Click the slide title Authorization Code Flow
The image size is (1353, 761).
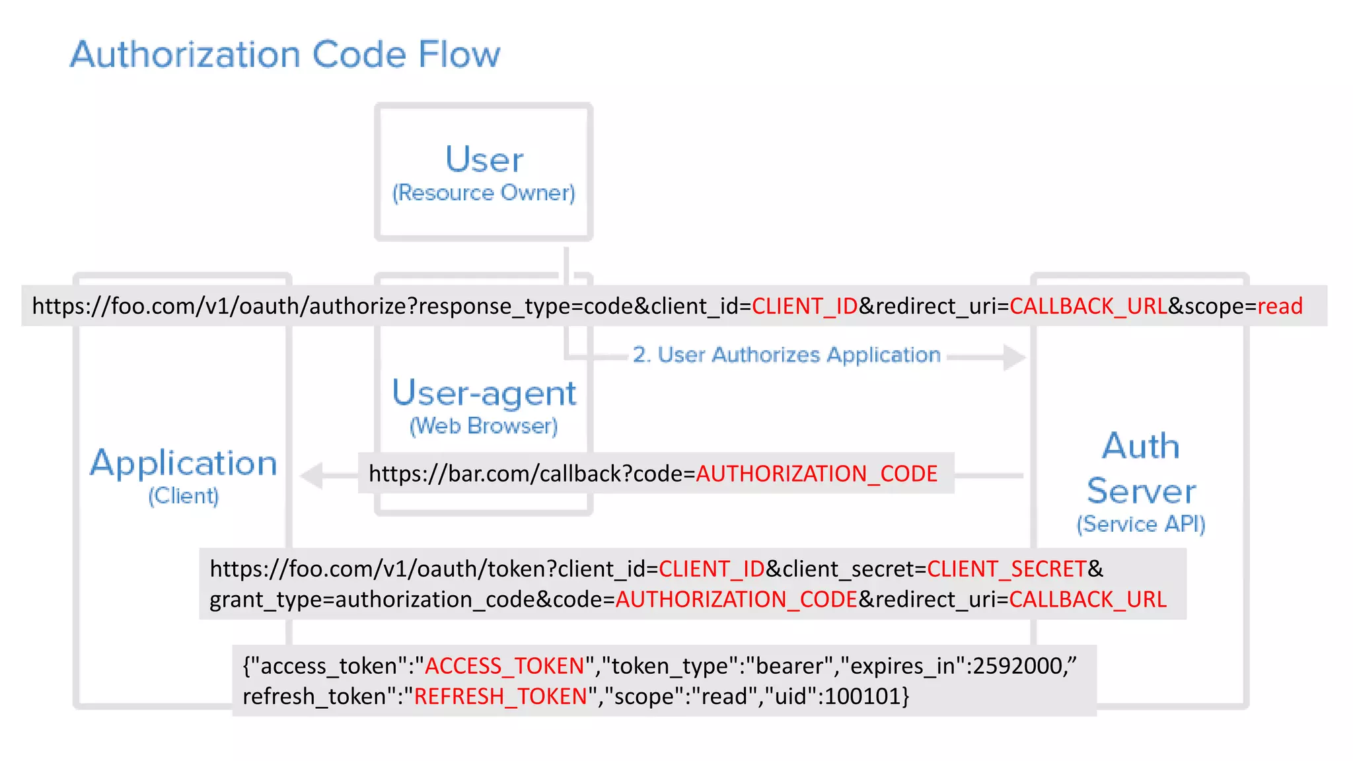[x=285, y=54]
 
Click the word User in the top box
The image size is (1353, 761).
[x=484, y=159]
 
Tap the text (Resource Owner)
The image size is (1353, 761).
[x=484, y=193]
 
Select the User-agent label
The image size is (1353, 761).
[x=484, y=393]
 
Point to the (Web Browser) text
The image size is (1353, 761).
[x=484, y=426]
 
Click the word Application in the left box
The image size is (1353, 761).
[x=183, y=463]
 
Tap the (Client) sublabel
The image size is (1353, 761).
[x=183, y=496]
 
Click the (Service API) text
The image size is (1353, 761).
[x=1140, y=525]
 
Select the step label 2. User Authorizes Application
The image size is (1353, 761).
[x=786, y=355]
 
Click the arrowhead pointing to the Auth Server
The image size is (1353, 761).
[x=1014, y=357]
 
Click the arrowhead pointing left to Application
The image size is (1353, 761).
[x=311, y=476]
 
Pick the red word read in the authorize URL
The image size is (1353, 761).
[x=1280, y=307]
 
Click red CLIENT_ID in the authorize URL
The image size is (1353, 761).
[x=804, y=307]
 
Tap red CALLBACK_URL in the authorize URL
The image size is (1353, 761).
[x=1088, y=307]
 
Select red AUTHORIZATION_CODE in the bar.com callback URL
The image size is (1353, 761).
[x=817, y=474]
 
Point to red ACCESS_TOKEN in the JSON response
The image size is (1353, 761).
[x=504, y=666]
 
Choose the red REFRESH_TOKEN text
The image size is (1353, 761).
[x=500, y=696]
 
